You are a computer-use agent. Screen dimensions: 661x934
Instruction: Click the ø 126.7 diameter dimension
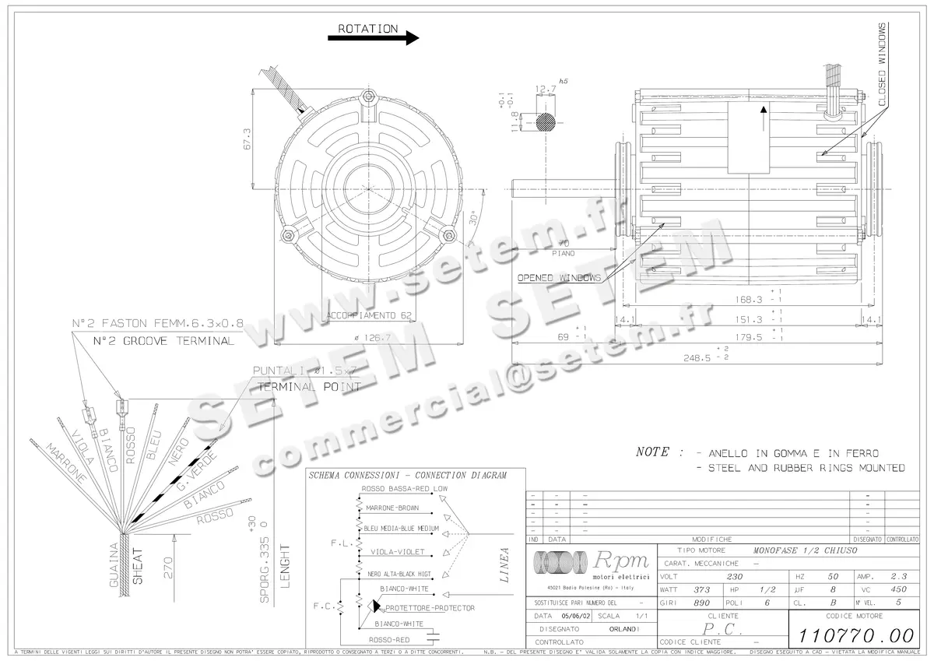click(x=371, y=339)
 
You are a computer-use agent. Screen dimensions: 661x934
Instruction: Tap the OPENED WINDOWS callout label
click(x=559, y=278)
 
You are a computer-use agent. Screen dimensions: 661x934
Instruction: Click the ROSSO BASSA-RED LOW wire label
click(x=404, y=489)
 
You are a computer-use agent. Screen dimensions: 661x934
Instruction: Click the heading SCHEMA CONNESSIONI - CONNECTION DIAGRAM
click(x=407, y=475)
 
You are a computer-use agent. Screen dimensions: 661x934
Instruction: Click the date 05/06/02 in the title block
click(x=577, y=615)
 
